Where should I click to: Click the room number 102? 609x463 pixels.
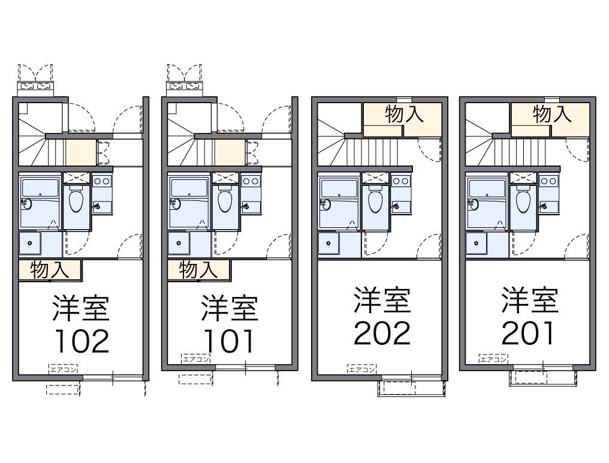82,341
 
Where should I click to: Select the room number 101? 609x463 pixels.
230,341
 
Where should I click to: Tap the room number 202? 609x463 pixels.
382,333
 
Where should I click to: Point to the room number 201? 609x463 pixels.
529,333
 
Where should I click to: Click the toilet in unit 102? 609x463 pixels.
76,200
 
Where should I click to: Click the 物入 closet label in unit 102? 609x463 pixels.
50,270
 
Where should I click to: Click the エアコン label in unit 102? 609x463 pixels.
64,369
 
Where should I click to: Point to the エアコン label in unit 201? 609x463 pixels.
493,360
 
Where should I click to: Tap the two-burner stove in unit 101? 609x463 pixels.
250,181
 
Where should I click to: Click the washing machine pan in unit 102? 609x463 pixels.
31,244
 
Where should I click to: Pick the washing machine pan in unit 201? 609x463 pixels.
477,244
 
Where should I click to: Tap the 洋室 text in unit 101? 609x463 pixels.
230,308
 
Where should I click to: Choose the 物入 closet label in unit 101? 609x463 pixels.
198,270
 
